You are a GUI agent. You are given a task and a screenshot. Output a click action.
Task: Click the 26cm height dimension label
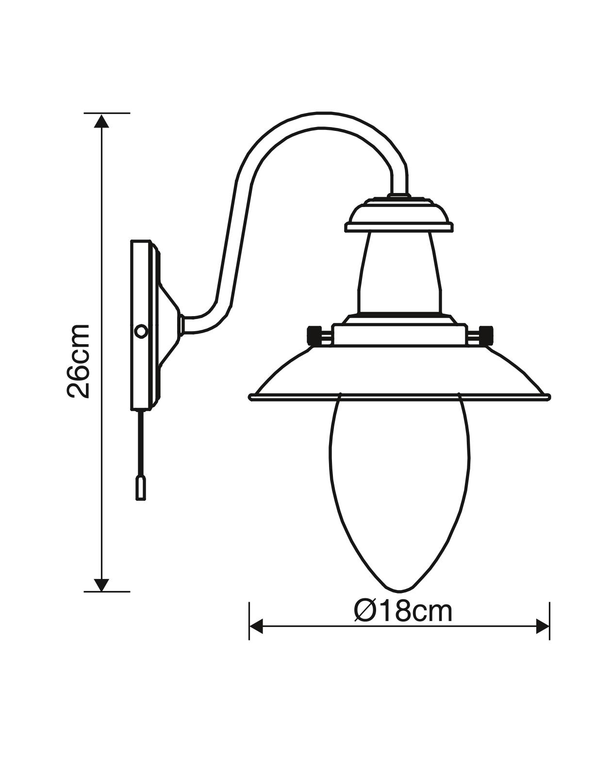click(x=78, y=361)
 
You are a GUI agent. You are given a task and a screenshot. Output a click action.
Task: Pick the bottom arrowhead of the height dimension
click(x=102, y=584)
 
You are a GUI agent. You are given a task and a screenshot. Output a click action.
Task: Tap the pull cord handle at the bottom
click(x=141, y=488)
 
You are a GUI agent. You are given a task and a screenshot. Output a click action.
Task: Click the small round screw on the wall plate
click(x=141, y=332)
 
